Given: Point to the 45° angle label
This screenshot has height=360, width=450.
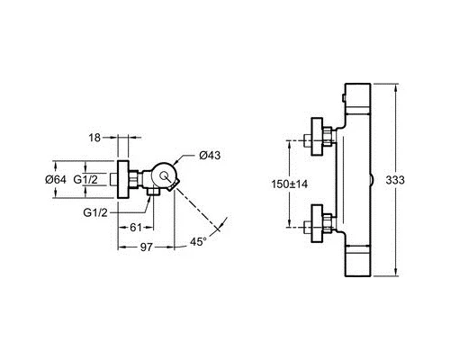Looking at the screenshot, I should pyautogui.click(x=200, y=241).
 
